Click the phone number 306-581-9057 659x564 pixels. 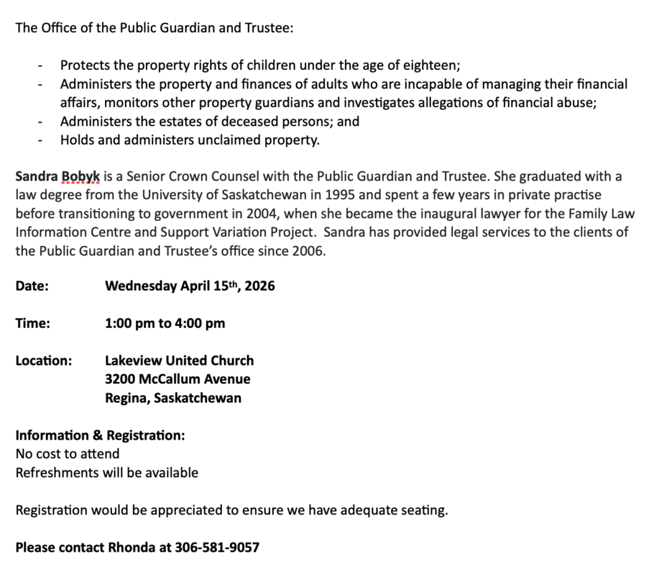pyautogui.click(x=218, y=547)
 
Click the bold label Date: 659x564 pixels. pyautogui.click(x=32, y=286)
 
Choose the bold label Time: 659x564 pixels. pyautogui.click(x=33, y=323)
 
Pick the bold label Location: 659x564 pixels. pyautogui.click(x=44, y=360)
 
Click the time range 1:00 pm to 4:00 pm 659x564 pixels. pyautogui.click(x=165, y=323)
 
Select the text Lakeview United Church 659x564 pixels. pyautogui.click(x=179, y=360)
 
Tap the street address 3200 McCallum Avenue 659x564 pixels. pyautogui.click(x=178, y=379)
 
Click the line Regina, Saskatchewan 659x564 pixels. pyautogui.click(x=172, y=398)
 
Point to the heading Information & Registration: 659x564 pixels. pyautogui.click(x=100, y=435)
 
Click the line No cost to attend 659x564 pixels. pyautogui.click(x=68, y=454)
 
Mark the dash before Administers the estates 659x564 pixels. pyautogui.click(x=42, y=122)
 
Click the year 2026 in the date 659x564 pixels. pyautogui.click(x=259, y=286)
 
